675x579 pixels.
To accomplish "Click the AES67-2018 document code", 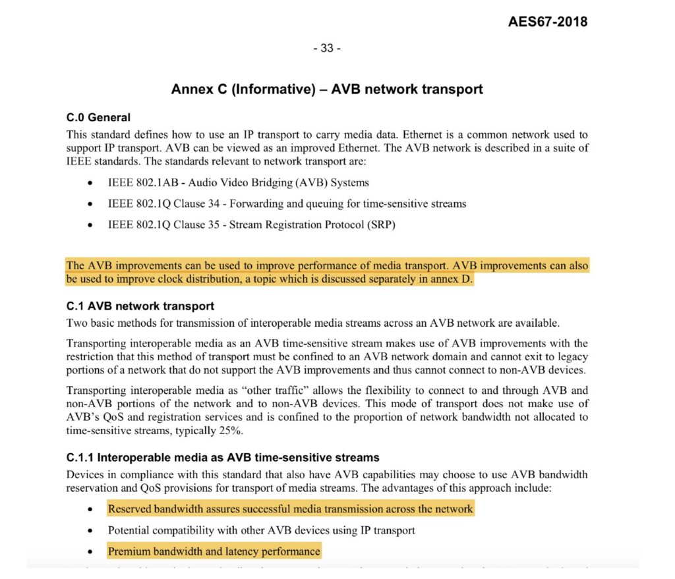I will tap(547, 22).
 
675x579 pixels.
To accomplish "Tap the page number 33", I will tap(327, 48).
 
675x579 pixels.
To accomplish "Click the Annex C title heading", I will tap(327, 89).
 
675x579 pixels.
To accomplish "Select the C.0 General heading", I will tap(98, 118).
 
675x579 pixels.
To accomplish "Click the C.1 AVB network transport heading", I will tap(140, 306).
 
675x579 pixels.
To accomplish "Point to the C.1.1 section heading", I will tap(223, 457).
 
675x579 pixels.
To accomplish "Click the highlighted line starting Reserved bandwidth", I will tap(290, 509).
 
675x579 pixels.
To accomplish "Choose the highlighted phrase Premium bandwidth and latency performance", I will tap(214, 551).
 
